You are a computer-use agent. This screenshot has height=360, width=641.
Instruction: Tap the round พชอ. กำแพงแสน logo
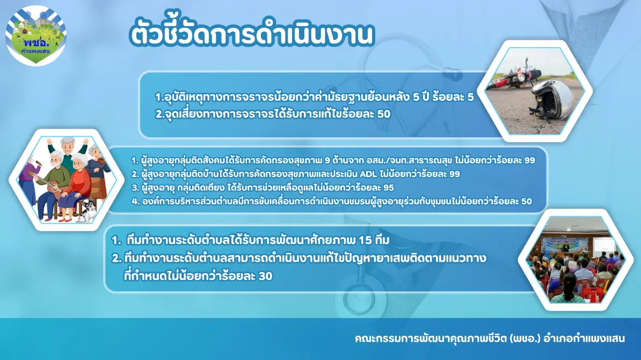click(x=36, y=35)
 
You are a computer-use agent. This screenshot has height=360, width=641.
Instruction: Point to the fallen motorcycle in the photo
click(x=514, y=75)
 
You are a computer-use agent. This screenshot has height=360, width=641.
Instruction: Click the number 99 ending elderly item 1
click(x=529, y=160)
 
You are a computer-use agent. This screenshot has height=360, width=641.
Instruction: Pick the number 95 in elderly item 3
click(x=388, y=188)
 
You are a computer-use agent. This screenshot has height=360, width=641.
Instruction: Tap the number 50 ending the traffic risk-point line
click(x=383, y=114)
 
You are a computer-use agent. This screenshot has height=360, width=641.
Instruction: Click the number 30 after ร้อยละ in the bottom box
click(x=265, y=276)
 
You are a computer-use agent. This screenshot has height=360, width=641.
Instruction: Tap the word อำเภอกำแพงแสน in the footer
click(x=584, y=339)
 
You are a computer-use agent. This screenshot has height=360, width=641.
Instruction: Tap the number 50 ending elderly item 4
click(x=527, y=201)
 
